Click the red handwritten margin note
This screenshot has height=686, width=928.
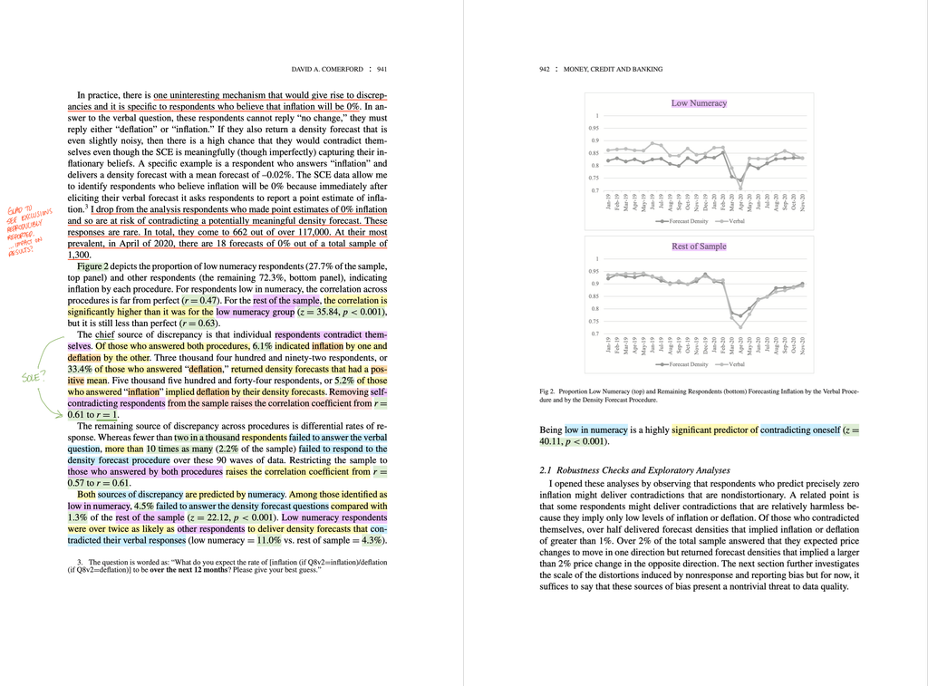pos(33,227)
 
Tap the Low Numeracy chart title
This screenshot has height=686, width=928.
pos(699,103)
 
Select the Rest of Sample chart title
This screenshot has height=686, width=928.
pos(699,246)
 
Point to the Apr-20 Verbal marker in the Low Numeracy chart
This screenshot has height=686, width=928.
pos(740,188)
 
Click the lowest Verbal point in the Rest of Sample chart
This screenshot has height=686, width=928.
pos(740,326)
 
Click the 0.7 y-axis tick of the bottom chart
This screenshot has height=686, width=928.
pos(595,334)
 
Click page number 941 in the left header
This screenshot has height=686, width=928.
pos(382,69)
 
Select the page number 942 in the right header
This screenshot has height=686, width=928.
pos(545,69)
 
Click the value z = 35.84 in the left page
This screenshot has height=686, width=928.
pos(326,312)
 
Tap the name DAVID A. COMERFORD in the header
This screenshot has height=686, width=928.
pos(327,69)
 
